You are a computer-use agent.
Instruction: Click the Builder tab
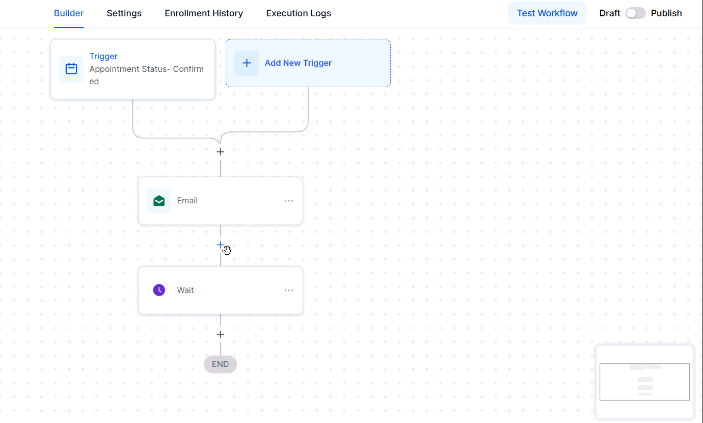pyautogui.click(x=69, y=13)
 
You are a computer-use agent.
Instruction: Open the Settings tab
pyautogui.click(x=124, y=13)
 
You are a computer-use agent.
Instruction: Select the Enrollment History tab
pyautogui.click(x=204, y=13)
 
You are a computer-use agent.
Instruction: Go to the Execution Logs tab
pyautogui.click(x=299, y=13)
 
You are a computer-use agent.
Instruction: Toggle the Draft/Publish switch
pyautogui.click(x=636, y=13)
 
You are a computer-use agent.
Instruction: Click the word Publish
pyautogui.click(x=666, y=13)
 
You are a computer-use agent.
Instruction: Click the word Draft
pyautogui.click(x=609, y=13)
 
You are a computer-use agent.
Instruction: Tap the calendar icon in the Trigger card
pyautogui.click(x=71, y=69)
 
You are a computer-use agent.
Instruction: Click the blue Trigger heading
pyautogui.click(x=103, y=56)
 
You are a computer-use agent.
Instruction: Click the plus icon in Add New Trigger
pyautogui.click(x=247, y=63)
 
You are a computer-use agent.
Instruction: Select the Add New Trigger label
pyautogui.click(x=298, y=63)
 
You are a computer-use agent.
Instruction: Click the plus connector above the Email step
pyautogui.click(x=220, y=152)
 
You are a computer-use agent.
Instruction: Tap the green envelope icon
pyautogui.click(x=159, y=201)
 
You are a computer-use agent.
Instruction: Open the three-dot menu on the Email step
pyautogui.click(x=289, y=201)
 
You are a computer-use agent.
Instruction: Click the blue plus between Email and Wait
pyautogui.click(x=220, y=245)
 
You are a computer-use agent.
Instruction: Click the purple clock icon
pyautogui.click(x=159, y=290)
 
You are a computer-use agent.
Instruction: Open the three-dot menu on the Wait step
pyautogui.click(x=289, y=290)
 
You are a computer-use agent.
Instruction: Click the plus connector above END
pyautogui.click(x=220, y=334)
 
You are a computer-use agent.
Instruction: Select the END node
pyautogui.click(x=220, y=364)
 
